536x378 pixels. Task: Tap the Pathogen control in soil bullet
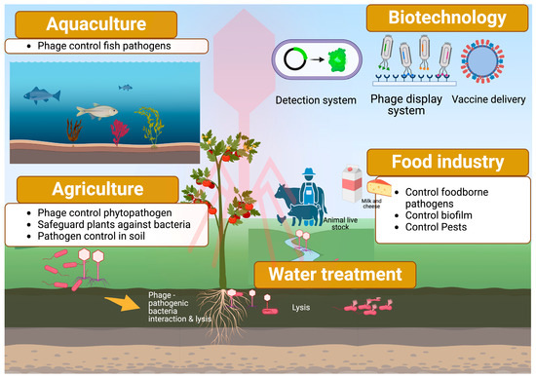tap(95, 240)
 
